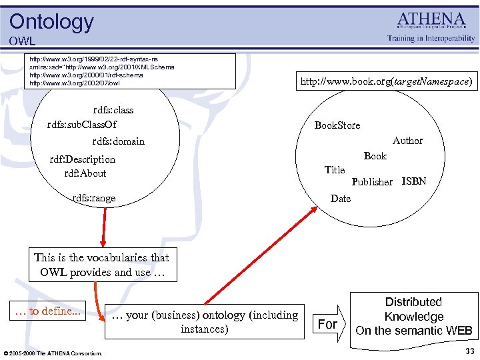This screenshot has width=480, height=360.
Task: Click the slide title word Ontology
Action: coord(51,21)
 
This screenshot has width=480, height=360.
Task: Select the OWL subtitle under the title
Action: coord(22,41)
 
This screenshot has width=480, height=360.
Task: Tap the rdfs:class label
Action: coord(113,110)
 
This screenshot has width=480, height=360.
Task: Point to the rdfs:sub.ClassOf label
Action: coord(81,125)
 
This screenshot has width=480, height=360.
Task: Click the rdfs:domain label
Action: coord(118,141)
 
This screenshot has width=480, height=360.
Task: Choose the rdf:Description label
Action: coord(83,159)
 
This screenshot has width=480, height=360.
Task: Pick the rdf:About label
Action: coord(85,173)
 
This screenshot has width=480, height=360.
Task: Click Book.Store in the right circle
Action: coord(337,125)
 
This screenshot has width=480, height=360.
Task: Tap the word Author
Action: coord(407,141)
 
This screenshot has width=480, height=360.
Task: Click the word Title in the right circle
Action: coord(334,170)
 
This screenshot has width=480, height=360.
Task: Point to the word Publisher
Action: coord(372,182)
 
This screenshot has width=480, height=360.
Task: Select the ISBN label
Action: coord(413,181)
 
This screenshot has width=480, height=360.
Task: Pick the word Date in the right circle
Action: coord(340,199)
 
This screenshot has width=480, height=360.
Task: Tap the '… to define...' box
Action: coord(48,311)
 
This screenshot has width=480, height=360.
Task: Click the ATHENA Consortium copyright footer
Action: coord(53,353)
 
